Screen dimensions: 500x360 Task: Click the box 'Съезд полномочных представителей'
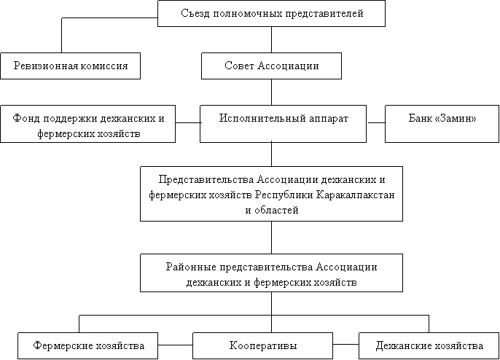[x=271, y=13]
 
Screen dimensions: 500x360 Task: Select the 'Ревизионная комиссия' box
[x=71, y=66]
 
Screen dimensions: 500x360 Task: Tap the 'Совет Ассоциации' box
[x=271, y=66]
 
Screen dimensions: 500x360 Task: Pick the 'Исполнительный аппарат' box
[x=283, y=124]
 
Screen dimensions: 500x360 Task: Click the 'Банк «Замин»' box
[x=442, y=124]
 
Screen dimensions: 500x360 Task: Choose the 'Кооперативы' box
[x=262, y=345]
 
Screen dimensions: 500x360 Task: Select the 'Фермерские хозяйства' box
[x=87, y=345]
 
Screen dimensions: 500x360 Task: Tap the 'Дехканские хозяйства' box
[x=429, y=345]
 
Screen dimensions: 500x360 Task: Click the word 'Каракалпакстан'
[x=356, y=195]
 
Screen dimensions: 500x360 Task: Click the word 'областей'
[x=276, y=211]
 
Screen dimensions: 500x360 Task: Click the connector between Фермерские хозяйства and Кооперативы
[x=176, y=345]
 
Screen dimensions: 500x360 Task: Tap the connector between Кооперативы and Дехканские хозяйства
[x=345, y=345]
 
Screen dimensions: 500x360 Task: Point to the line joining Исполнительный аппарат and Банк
[x=375, y=122]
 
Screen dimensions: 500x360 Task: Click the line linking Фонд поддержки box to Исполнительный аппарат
[x=187, y=122]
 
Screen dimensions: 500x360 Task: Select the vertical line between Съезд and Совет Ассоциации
[x=271, y=39]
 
